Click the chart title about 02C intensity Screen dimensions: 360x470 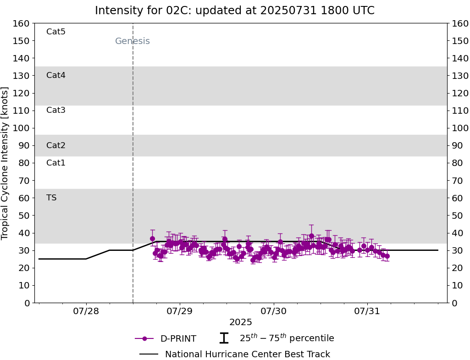pyautogui.click(x=235, y=11)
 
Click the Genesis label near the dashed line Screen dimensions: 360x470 pyautogui.click(x=132, y=41)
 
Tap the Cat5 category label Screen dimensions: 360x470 pyautogui.click(x=56, y=32)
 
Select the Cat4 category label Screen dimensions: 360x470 pyautogui.click(x=56, y=75)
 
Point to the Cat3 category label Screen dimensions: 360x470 pyautogui.click(x=56, y=110)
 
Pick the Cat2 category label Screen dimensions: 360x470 pyautogui.click(x=56, y=145)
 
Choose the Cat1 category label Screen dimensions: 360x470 pyautogui.click(x=56, y=163)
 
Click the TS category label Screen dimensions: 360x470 pyautogui.click(x=51, y=198)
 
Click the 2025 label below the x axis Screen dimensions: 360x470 pyautogui.click(x=241, y=322)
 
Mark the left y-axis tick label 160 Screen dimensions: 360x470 pyautogui.click(x=22, y=23)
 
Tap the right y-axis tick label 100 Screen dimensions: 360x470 pyautogui.click(x=460, y=128)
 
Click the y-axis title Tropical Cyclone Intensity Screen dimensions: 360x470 pyautogui.click(x=6, y=163)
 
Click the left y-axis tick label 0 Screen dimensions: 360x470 pyautogui.click(x=27, y=303)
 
